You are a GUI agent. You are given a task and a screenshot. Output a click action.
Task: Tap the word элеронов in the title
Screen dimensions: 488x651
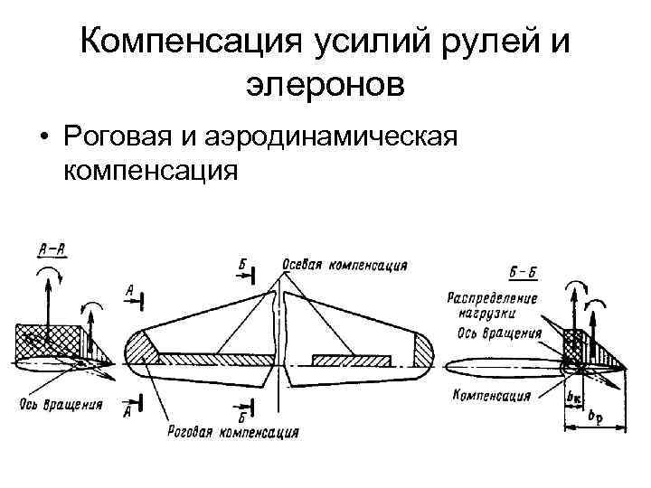(325, 85)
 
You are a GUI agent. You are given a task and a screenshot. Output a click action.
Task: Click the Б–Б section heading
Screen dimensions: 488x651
(524, 270)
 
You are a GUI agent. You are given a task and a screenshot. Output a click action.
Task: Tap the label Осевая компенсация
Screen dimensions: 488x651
(344, 266)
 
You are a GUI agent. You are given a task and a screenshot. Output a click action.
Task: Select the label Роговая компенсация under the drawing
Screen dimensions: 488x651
(232, 431)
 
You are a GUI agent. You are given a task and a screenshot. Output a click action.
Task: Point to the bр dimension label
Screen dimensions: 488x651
(593, 415)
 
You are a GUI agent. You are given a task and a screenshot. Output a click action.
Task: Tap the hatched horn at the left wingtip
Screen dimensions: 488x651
(141, 348)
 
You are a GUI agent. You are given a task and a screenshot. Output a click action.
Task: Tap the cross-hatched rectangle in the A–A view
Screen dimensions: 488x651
(44, 343)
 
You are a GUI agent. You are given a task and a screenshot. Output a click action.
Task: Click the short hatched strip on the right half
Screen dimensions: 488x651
(351, 361)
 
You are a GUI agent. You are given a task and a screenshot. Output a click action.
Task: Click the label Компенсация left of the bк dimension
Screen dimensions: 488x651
(490, 395)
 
